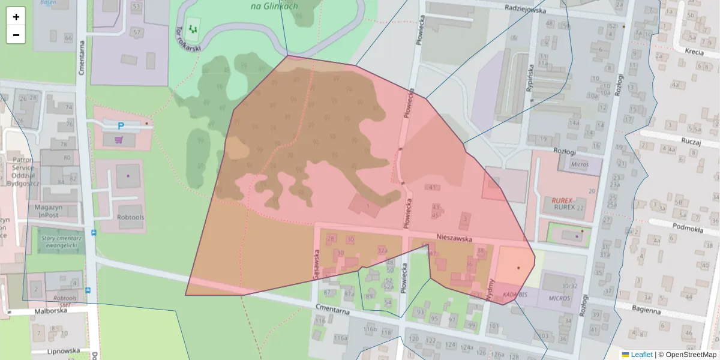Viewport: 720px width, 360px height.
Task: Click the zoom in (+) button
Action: click(16, 17)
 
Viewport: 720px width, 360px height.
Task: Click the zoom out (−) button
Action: click(16, 35)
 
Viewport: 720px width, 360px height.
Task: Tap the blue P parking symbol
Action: click(121, 127)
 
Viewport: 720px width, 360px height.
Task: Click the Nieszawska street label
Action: click(454, 238)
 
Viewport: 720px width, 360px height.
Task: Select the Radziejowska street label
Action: click(525, 10)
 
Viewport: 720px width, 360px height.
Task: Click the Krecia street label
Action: click(694, 52)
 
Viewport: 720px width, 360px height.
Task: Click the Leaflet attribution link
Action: click(642, 355)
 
